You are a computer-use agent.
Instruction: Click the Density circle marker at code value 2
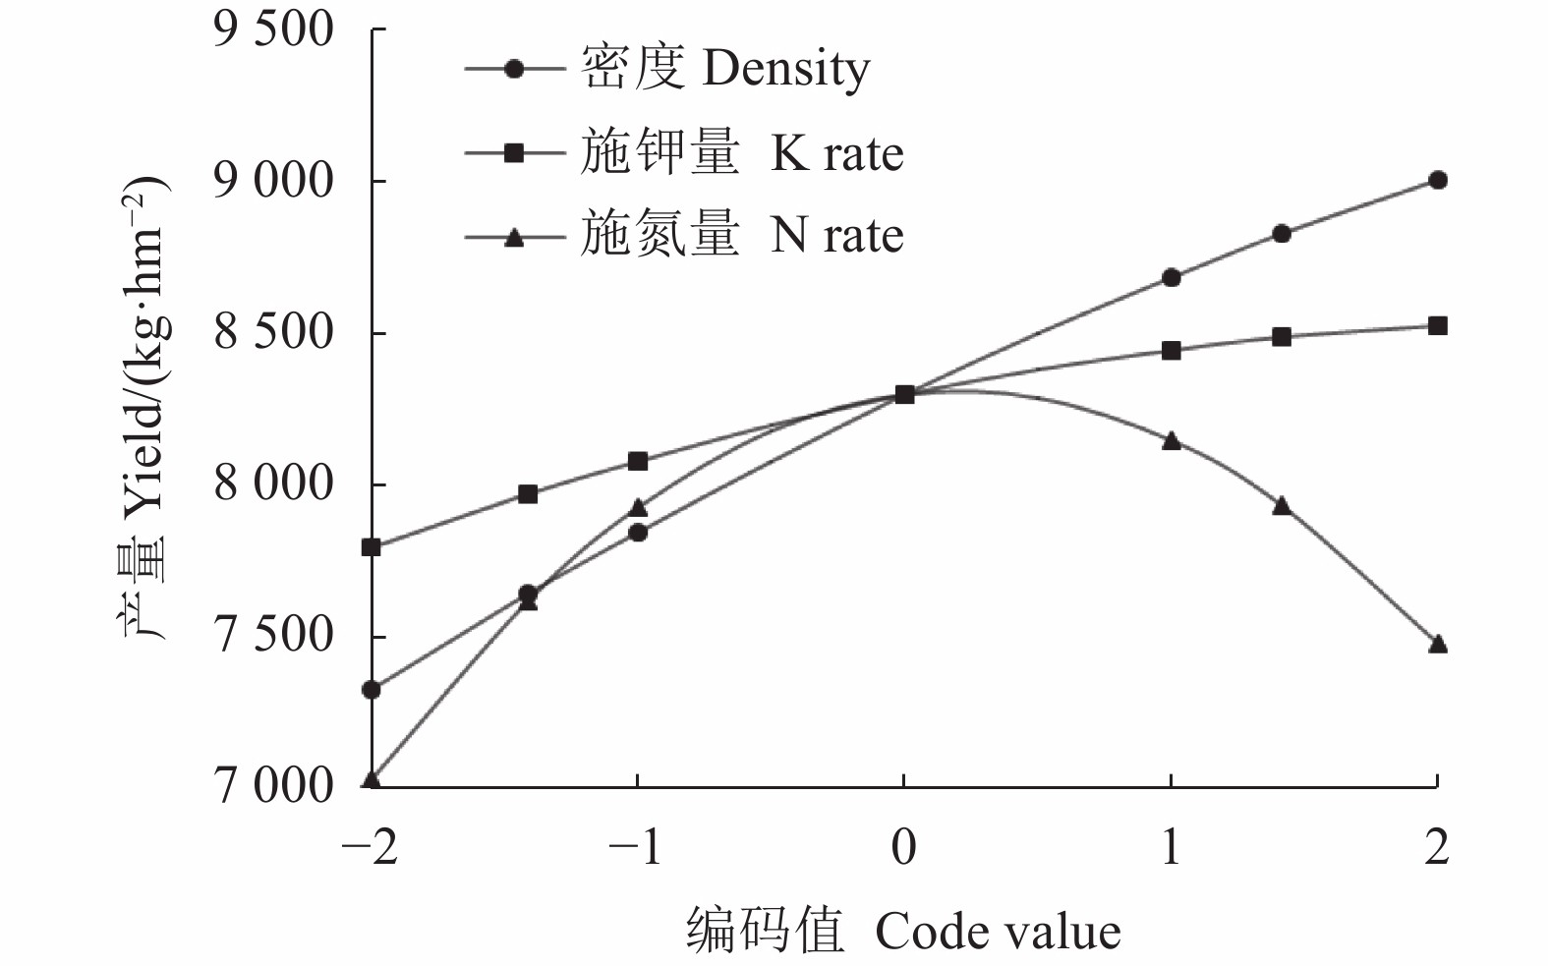(x=1437, y=180)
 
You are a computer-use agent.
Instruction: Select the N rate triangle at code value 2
(x=1437, y=645)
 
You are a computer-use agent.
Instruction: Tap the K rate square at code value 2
(x=1437, y=325)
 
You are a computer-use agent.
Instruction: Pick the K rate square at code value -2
(x=372, y=546)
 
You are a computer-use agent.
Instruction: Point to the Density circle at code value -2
(x=372, y=690)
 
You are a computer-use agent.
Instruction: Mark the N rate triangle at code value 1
(x=1171, y=441)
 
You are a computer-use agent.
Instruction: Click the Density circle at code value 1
(x=1171, y=277)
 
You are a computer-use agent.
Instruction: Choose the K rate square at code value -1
(x=637, y=461)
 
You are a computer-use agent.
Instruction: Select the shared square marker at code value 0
(x=904, y=394)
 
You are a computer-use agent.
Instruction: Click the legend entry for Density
(x=725, y=69)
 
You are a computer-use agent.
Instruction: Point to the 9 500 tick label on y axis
(x=273, y=29)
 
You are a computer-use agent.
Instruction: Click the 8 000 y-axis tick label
(x=273, y=483)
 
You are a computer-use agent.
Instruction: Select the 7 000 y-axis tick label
(x=273, y=786)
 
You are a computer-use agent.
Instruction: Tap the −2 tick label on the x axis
(x=370, y=846)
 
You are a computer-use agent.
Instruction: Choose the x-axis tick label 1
(x=1170, y=846)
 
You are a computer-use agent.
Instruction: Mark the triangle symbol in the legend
(x=513, y=237)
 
